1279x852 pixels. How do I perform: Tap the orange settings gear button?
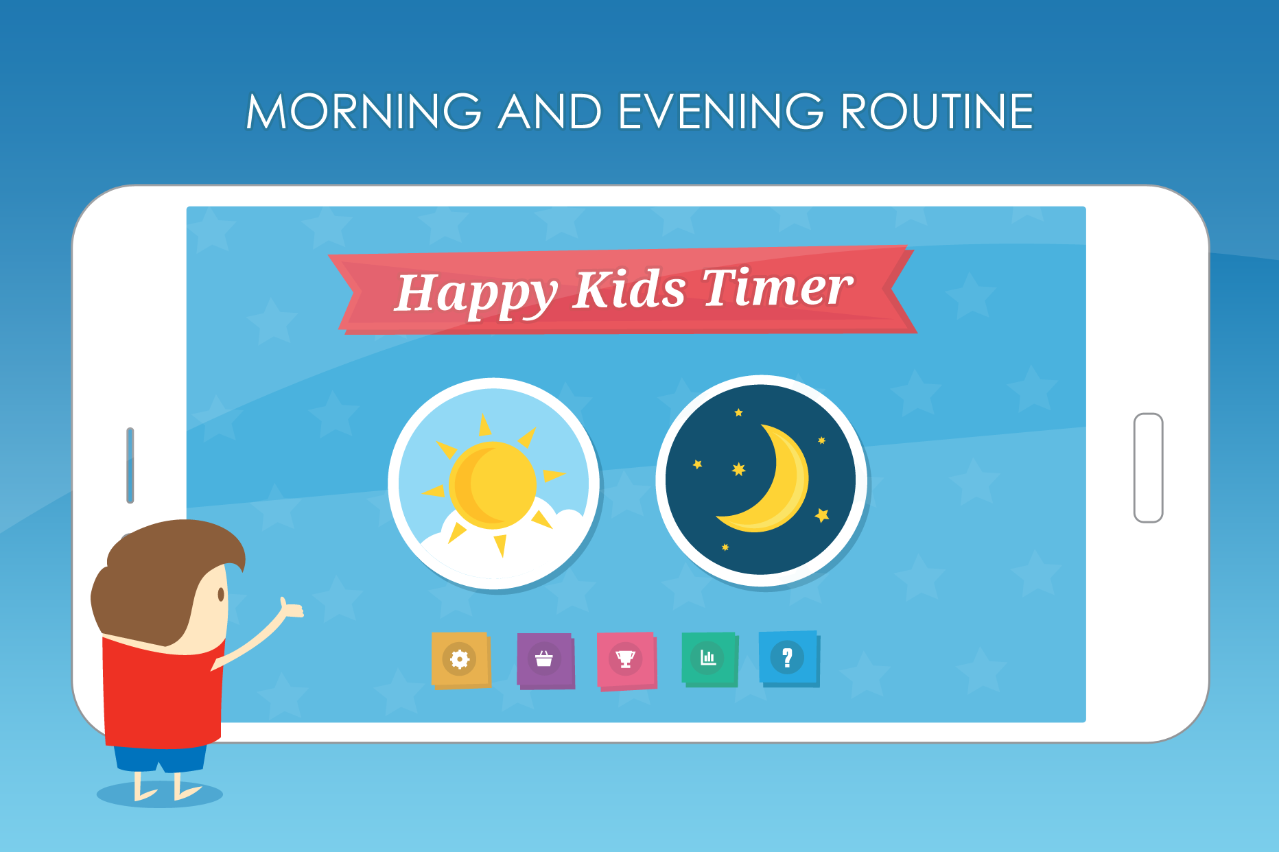tap(460, 660)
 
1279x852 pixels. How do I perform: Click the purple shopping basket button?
tap(545, 661)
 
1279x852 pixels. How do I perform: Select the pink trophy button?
tap(626, 661)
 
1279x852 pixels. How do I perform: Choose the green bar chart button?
tap(709, 659)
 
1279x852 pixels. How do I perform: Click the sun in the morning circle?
tap(493, 485)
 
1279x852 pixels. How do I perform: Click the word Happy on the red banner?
tap(476, 293)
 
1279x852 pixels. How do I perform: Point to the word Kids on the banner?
tap(629, 289)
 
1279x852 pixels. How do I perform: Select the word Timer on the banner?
tap(777, 285)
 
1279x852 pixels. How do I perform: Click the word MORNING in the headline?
tap(364, 111)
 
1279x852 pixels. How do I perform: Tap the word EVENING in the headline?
tap(720, 111)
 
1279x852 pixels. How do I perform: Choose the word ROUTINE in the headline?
tap(937, 111)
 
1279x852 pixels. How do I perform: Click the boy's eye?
tap(221, 594)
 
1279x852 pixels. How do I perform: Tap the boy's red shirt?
tap(163, 693)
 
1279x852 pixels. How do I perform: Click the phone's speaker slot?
tap(130, 465)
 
